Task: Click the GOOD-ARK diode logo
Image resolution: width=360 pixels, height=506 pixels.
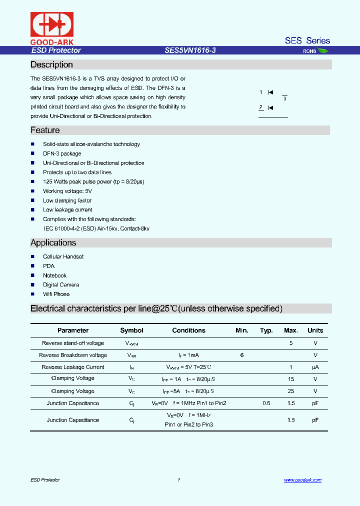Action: click(52, 24)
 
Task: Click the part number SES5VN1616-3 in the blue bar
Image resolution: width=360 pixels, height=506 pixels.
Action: click(190, 50)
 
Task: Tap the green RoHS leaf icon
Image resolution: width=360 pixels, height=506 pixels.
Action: click(323, 50)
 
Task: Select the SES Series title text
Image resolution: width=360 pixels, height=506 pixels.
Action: click(307, 40)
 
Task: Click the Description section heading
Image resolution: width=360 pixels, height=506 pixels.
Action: click(51, 64)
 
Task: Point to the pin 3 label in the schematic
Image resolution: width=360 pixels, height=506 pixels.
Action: click(284, 98)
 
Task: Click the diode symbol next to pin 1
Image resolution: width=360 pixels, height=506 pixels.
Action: click(270, 92)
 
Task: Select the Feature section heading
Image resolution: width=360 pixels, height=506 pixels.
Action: click(45, 130)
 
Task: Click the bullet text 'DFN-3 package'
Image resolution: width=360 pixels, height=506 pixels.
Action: click(62, 153)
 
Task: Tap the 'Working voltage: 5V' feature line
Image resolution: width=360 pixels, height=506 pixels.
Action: click(67, 191)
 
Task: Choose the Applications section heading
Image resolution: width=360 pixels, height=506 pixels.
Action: click(53, 242)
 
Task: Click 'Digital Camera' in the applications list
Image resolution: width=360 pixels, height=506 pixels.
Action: click(61, 284)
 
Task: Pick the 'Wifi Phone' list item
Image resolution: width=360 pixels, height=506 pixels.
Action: click(56, 294)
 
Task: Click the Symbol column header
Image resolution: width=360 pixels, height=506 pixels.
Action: click(131, 330)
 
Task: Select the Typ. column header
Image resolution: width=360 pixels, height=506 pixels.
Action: click(266, 330)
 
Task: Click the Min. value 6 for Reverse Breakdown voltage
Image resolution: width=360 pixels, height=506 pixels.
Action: click(241, 355)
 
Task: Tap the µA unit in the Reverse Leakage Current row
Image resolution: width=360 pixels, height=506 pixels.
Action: click(315, 367)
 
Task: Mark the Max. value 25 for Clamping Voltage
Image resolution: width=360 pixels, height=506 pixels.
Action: click(290, 391)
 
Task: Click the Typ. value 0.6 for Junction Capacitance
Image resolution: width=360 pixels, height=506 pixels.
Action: click(266, 403)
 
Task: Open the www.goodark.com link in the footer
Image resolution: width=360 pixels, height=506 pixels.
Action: click(302, 480)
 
